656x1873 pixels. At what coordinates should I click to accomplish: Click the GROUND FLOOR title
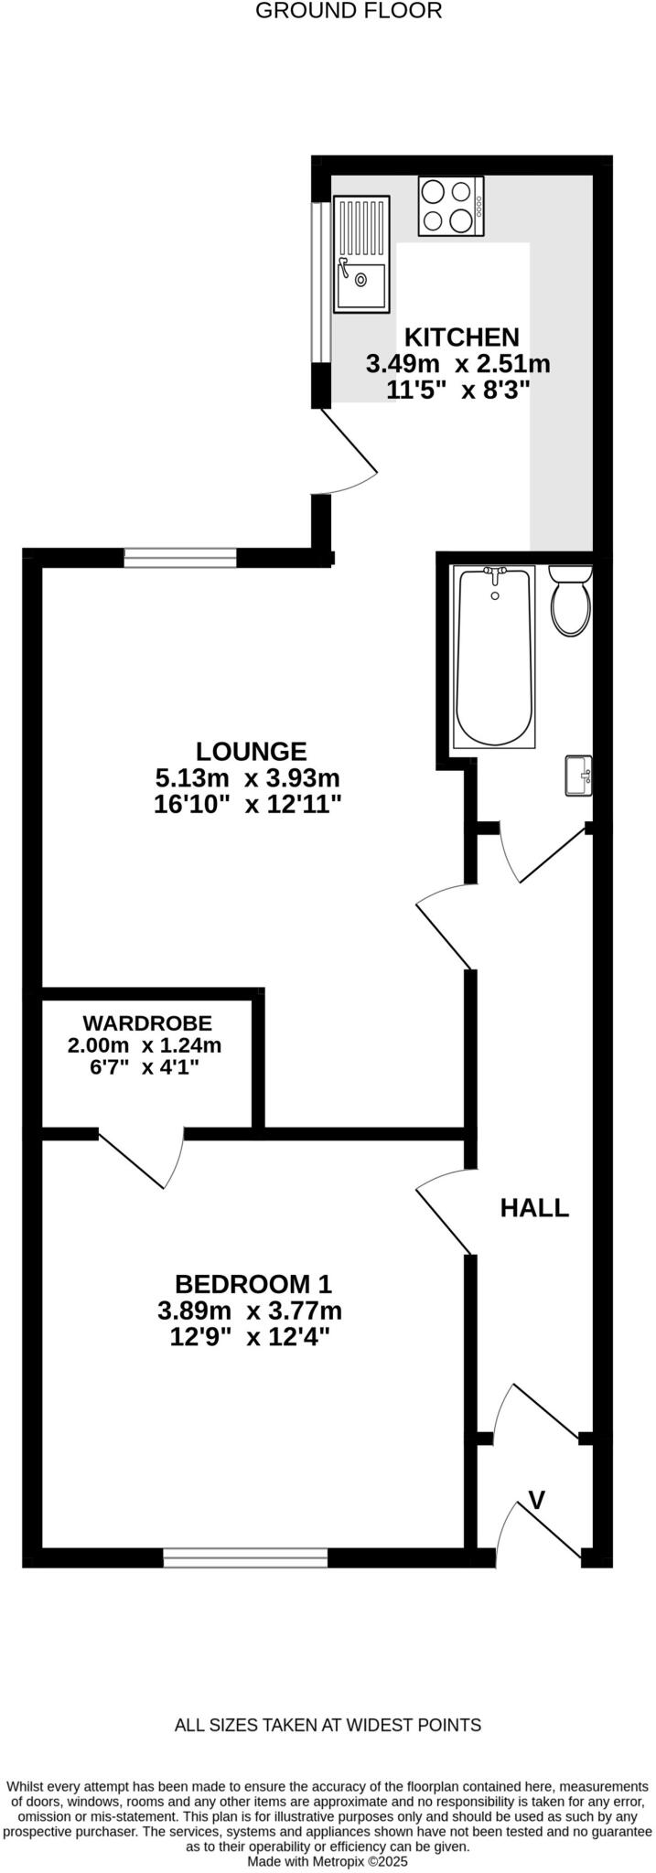pyautogui.click(x=349, y=11)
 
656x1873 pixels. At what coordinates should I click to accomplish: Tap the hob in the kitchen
pyautogui.click(x=451, y=206)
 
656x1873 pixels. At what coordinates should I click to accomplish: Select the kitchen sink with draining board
pyautogui.click(x=361, y=253)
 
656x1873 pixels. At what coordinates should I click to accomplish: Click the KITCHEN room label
pyautogui.click(x=462, y=337)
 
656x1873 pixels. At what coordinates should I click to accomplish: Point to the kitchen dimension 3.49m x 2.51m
pyautogui.click(x=458, y=364)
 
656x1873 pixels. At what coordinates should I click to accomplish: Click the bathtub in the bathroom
pyautogui.click(x=494, y=656)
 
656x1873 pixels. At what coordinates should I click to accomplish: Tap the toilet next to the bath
pyautogui.click(x=571, y=601)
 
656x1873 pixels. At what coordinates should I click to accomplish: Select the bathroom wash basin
pyautogui.click(x=579, y=775)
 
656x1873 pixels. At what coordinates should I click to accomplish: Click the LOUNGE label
pyautogui.click(x=252, y=751)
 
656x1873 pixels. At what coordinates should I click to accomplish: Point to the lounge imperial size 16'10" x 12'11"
pyautogui.click(x=248, y=805)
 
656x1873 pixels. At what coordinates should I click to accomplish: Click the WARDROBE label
pyautogui.click(x=147, y=1022)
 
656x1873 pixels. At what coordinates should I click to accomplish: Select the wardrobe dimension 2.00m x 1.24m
pyautogui.click(x=145, y=1044)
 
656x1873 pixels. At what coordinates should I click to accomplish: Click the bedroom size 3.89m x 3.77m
pyautogui.click(x=250, y=1311)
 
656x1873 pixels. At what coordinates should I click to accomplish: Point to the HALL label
pyautogui.click(x=534, y=1207)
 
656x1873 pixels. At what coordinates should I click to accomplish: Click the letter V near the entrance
pyautogui.click(x=538, y=1499)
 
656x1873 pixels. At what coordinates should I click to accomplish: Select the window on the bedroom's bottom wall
pyautogui.click(x=245, y=1557)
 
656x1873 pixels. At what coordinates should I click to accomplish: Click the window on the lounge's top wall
pyautogui.click(x=180, y=557)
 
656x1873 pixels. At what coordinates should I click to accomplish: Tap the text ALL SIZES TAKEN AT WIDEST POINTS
pyautogui.click(x=328, y=1725)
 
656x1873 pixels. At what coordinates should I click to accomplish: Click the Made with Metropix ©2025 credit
pyautogui.click(x=328, y=1860)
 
